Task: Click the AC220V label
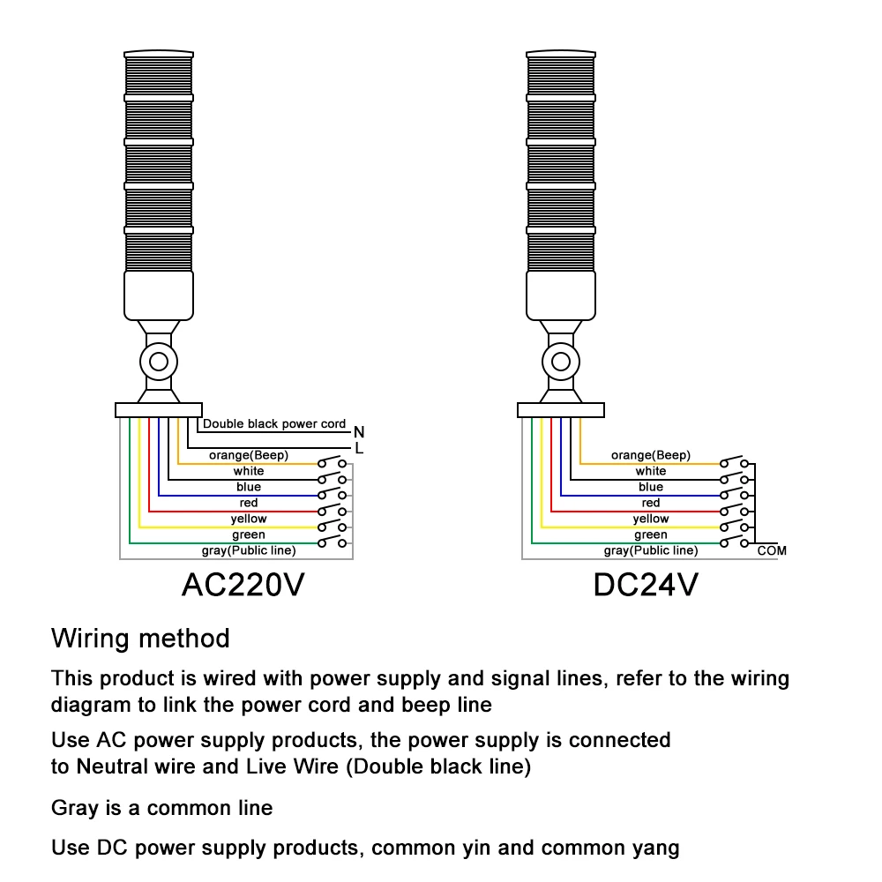coord(243,585)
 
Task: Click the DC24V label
coord(646,585)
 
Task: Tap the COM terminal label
coord(772,550)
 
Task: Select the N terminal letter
coord(359,432)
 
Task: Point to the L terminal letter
coord(360,448)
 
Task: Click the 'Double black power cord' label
coord(274,423)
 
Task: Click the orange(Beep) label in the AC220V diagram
coord(249,455)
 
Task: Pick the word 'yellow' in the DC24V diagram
coord(651,519)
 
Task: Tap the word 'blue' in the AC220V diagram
coord(249,487)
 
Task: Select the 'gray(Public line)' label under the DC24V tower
coord(651,550)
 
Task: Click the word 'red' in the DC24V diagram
coord(651,503)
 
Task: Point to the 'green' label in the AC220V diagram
coord(249,534)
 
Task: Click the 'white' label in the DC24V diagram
coord(651,471)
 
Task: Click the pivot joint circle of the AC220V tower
coord(159,362)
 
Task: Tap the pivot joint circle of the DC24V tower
coord(561,362)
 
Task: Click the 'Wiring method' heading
coord(140,639)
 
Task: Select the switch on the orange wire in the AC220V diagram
coord(332,462)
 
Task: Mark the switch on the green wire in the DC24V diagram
coord(734,542)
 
